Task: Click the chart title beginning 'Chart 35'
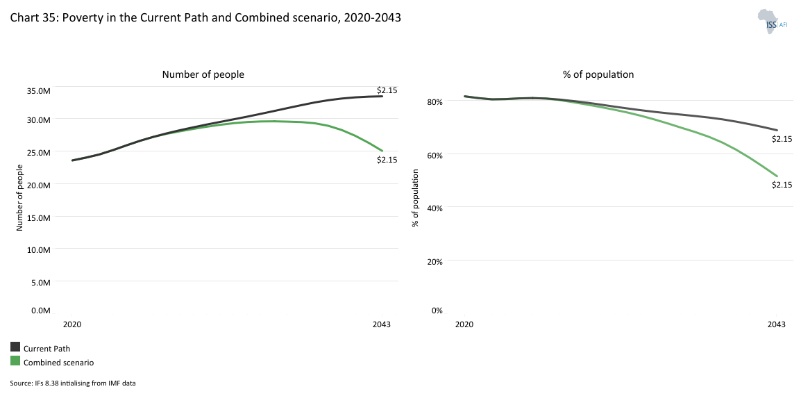[x=205, y=18]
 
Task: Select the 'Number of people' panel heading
[x=203, y=74]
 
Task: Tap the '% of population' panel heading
[x=598, y=74]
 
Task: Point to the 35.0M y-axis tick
[x=39, y=90]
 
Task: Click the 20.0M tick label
[x=39, y=185]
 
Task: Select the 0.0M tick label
[x=41, y=311]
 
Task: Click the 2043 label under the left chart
[x=381, y=324]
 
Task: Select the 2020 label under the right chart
[x=464, y=324]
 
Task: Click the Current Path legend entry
[x=47, y=349]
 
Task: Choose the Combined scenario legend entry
[x=58, y=363]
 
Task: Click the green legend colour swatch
[x=15, y=361]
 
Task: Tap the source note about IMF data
[x=73, y=383]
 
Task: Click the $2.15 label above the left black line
[x=387, y=90]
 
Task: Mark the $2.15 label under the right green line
[x=782, y=185]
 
